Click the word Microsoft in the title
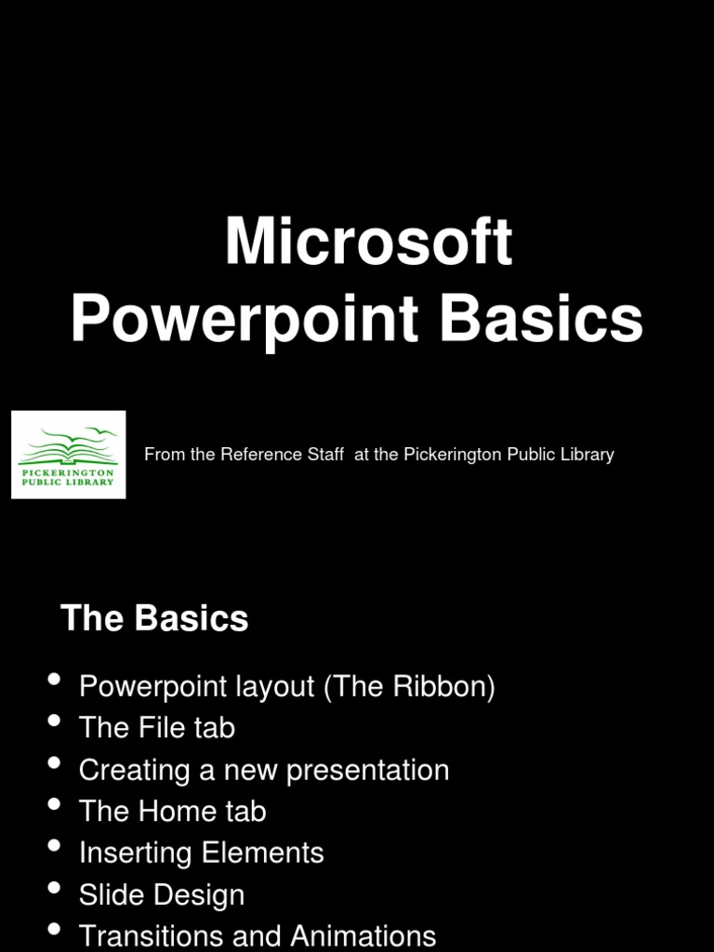coord(368,244)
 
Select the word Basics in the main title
coord(541,320)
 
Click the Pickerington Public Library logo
coord(69,455)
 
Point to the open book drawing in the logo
coord(67,450)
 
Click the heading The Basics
coord(154,618)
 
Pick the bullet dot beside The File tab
coord(55,721)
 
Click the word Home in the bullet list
coord(175,812)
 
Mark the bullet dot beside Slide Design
coord(55,888)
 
